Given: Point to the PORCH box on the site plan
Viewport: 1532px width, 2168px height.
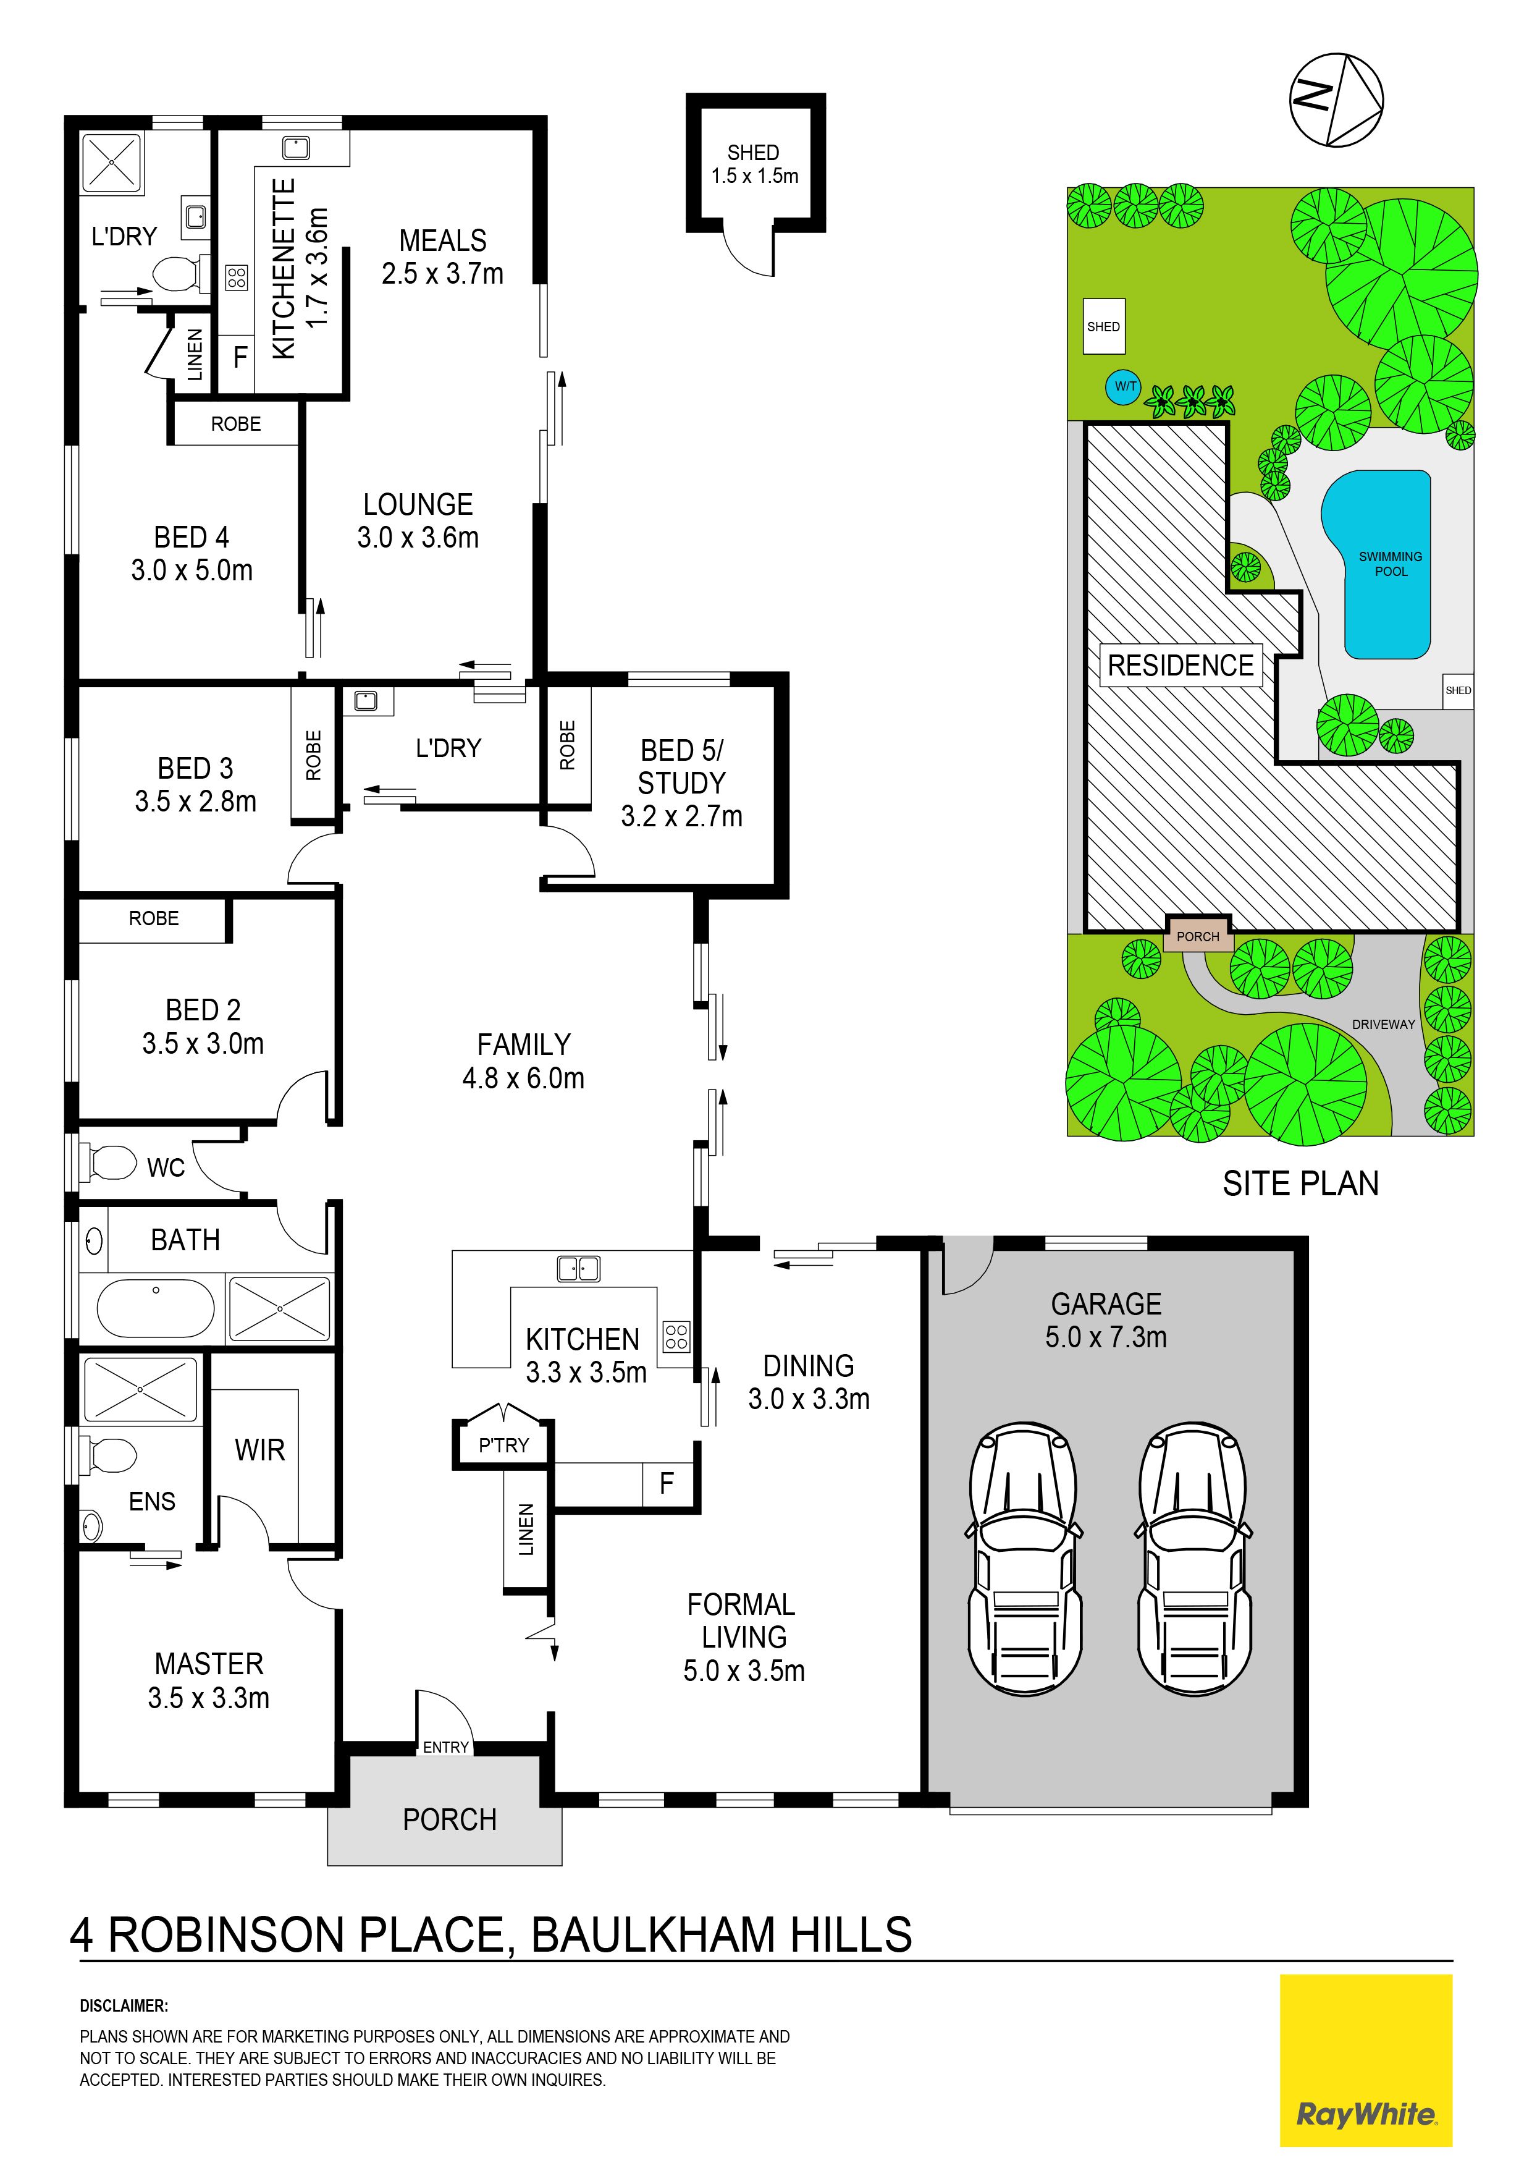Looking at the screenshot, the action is [x=1198, y=936].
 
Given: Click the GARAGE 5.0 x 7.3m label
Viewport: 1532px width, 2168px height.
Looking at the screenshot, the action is [x=1106, y=1320].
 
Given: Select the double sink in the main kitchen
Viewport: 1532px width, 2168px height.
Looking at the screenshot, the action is [x=579, y=1268].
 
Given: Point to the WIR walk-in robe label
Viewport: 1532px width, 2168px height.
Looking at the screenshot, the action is [x=259, y=1449].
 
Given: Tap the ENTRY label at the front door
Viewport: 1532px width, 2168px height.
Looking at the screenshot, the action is [x=445, y=1747].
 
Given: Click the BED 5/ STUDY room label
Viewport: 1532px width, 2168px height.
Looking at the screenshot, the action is [x=681, y=783].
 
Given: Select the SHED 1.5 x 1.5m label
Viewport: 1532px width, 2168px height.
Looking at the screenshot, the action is [x=754, y=164].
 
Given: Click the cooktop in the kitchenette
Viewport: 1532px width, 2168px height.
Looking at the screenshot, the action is [x=236, y=277].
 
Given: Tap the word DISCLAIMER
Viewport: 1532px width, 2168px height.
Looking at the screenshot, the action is [x=124, y=2005].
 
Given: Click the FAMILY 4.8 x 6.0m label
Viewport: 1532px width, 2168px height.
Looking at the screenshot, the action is [x=523, y=1061].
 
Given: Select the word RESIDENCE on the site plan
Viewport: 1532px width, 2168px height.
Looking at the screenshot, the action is [x=1181, y=666].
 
